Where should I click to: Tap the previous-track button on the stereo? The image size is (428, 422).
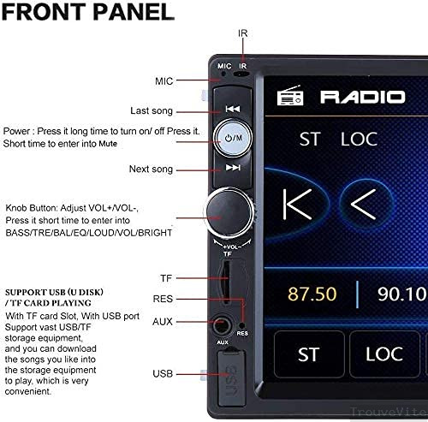232,110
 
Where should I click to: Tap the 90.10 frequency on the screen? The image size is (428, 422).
403,294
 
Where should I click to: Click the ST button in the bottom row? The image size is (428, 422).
308,354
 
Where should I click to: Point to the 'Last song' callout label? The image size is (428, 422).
152,110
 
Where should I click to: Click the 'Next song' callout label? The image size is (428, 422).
151,169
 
